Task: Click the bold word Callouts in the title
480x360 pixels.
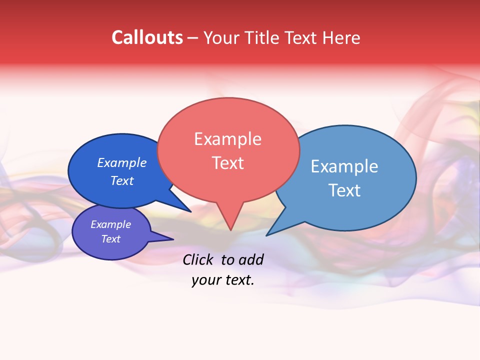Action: point(147,37)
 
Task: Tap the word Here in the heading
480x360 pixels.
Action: point(341,37)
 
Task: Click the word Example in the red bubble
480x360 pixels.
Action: point(227,139)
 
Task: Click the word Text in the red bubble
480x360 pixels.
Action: point(227,163)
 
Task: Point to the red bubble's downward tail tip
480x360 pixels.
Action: point(230,229)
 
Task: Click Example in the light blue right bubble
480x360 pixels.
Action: point(344,166)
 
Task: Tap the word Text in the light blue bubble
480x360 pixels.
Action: point(344,190)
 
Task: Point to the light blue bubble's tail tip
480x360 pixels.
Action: point(267,235)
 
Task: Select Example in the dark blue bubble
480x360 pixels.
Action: point(121,163)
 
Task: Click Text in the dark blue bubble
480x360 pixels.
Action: point(121,180)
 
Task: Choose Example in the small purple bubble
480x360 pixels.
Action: point(110,224)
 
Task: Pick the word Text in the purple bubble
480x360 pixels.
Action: point(110,239)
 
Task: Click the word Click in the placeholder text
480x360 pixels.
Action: point(198,259)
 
